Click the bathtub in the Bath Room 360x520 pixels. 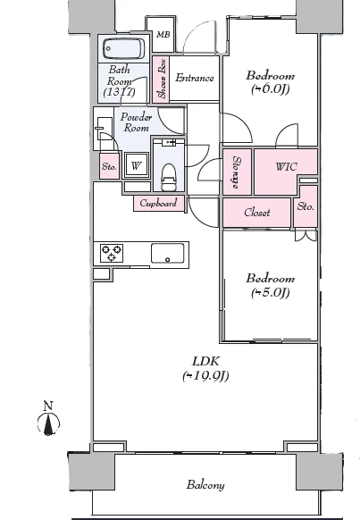pyautogui.click(x=124, y=49)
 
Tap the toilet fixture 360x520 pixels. pyautogui.click(x=169, y=177)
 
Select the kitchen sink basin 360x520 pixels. pyautogui.click(x=167, y=254)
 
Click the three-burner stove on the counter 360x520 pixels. pyautogui.click(x=112, y=253)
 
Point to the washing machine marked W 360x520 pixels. pyautogui.click(x=136, y=165)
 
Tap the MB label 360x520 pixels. pyautogui.click(x=163, y=35)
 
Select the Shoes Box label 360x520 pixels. pyautogui.click(x=162, y=79)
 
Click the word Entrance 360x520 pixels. pyautogui.click(x=195, y=78)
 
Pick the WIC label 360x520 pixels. pyautogui.click(x=286, y=166)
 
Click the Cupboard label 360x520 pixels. pyautogui.click(x=158, y=203)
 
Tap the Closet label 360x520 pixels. pyautogui.click(x=257, y=213)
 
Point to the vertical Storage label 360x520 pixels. pyautogui.click(x=237, y=172)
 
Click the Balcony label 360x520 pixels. pyautogui.click(x=205, y=485)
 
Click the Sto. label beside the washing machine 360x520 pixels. pyautogui.click(x=109, y=166)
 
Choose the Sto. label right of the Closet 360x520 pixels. pyautogui.click(x=306, y=206)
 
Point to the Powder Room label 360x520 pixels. pyautogui.click(x=137, y=122)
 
